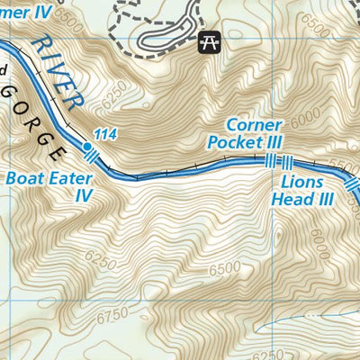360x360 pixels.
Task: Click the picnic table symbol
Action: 209,40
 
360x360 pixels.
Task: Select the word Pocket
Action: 233,142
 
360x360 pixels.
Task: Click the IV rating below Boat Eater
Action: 84,194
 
